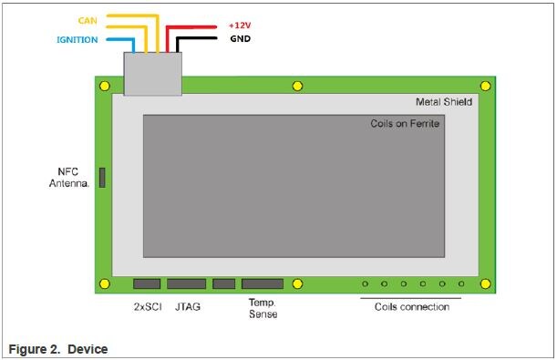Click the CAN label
(88, 19)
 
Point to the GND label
(240, 40)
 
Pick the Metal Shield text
(443, 103)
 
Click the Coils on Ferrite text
(406, 123)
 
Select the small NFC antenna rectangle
(102, 178)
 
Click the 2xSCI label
(147, 306)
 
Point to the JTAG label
(188, 306)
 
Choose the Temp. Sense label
(263, 308)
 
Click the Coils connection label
(411, 306)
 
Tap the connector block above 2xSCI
(147, 283)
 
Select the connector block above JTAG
(187, 283)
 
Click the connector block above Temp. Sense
(263, 283)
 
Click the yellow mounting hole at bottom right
(486, 283)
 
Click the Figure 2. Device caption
(57, 349)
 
